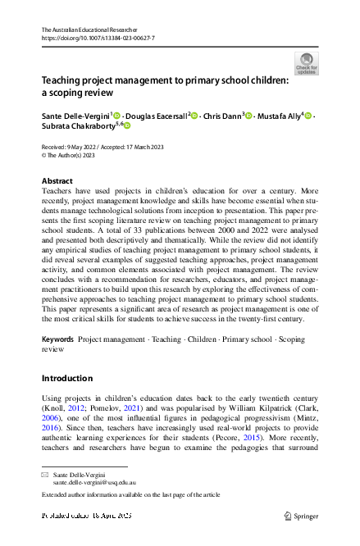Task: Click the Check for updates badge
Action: click(x=305, y=63)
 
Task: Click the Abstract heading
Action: click(x=57, y=180)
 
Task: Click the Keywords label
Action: click(x=58, y=339)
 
